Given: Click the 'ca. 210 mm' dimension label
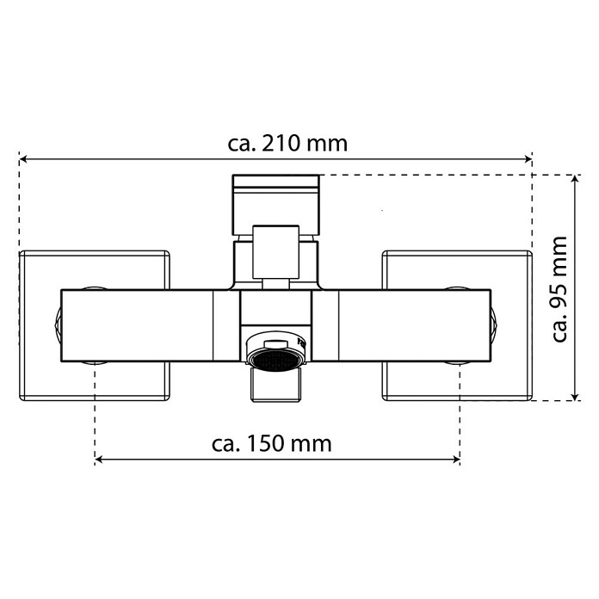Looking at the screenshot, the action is click(x=287, y=144).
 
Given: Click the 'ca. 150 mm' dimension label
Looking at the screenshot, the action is click(x=272, y=444).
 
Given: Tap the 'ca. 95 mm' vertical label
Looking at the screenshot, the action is click(x=559, y=289).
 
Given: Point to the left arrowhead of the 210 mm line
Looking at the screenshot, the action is click(x=23, y=159).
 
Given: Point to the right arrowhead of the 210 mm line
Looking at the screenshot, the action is click(x=528, y=159).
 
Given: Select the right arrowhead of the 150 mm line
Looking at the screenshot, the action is click(x=456, y=460).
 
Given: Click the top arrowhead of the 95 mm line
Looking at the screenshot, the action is click(x=575, y=179).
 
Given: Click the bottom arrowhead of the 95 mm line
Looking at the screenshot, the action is click(x=575, y=397).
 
